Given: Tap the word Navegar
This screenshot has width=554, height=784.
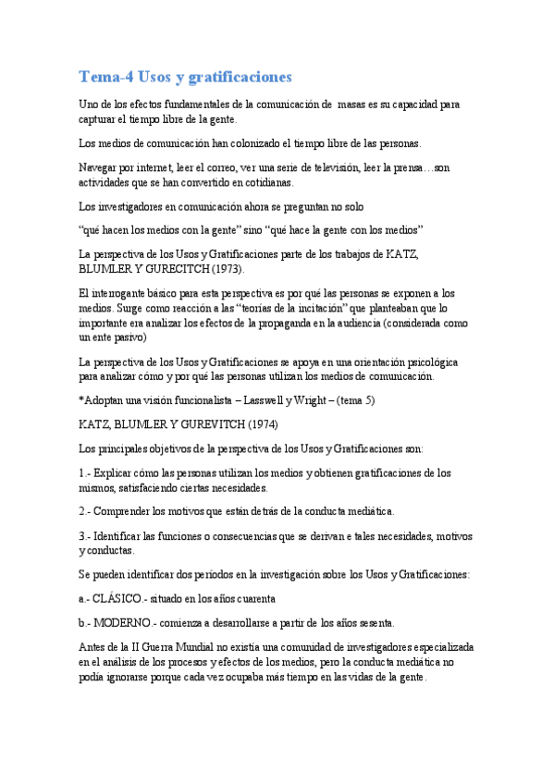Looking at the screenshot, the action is (x=103, y=167).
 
